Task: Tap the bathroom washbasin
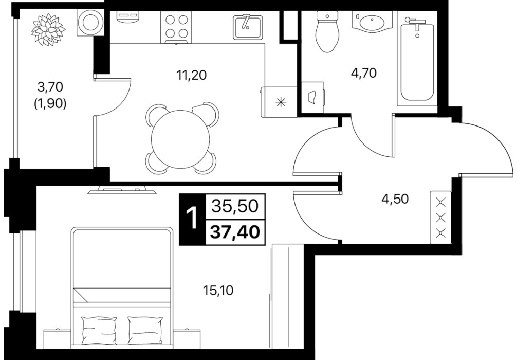pyautogui.click(x=372, y=22)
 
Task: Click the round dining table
pyautogui.click(x=180, y=138)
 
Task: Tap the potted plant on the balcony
pyautogui.click(x=48, y=29)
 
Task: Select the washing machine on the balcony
pyautogui.click(x=90, y=23)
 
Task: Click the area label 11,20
pyautogui.click(x=191, y=76)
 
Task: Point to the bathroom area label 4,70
pyautogui.click(x=364, y=73)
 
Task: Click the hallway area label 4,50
pyautogui.click(x=395, y=199)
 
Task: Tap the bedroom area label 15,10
pyautogui.click(x=217, y=291)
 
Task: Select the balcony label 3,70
pyautogui.click(x=50, y=87)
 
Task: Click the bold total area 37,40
pyautogui.click(x=235, y=232)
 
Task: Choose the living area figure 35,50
pyautogui.click(x=234, y=206)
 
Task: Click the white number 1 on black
pyautogui.click(x=192, y=219)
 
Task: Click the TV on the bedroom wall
pyautogui.click(x=122, y=190)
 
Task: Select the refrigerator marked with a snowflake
pyautogui.click(x=279, y=102)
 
